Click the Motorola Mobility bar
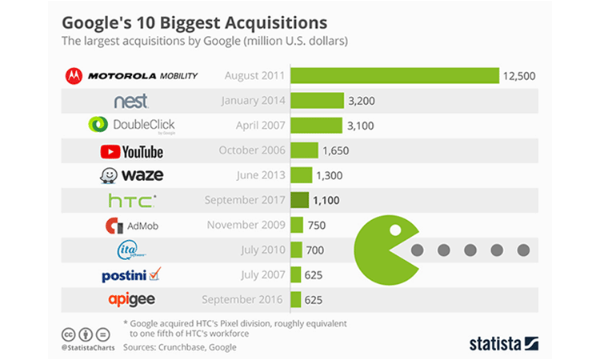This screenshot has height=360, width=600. tap(394, 76)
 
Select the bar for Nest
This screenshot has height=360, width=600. tap(316, 101)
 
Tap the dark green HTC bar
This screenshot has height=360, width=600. tap(300, 200)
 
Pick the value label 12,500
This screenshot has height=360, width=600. tap(519, 77)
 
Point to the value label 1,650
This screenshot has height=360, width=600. tap(335, 150)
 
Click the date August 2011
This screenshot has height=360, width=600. tap(254, 76)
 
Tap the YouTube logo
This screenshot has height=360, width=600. tap(131, 150)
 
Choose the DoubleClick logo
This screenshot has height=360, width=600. tap(132, 126)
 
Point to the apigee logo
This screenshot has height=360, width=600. tap(131, 299)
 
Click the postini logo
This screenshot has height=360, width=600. tap(132, 274)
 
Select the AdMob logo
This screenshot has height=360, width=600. tap(132, 226)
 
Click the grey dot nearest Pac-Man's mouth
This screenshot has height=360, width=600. tap(416, 250)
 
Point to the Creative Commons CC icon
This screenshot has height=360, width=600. tap(70, 334)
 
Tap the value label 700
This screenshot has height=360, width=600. tap(316, 250)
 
